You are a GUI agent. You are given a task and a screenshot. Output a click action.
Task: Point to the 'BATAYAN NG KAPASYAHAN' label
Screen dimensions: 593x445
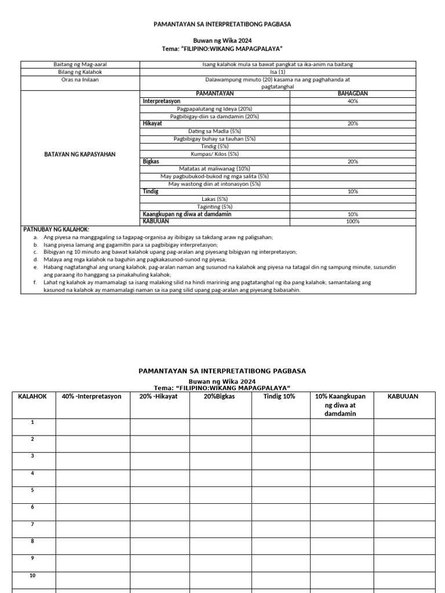click(81, 154)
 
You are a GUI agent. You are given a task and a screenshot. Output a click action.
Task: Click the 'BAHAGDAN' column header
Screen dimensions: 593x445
click(352, 93)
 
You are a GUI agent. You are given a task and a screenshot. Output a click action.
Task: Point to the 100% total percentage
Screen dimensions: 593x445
click(352, 221)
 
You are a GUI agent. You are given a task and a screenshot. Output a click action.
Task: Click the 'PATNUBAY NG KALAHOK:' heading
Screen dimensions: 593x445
click(56, 229)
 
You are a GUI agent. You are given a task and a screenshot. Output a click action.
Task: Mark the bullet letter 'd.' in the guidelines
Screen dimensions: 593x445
click(36, 259)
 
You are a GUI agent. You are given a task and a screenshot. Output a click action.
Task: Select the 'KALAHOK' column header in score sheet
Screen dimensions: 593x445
click(33, 397)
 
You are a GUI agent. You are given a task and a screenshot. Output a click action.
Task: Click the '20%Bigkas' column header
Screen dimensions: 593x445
click(221, 397)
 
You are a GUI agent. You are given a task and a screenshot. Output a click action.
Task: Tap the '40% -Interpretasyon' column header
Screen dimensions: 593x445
click(93, 397)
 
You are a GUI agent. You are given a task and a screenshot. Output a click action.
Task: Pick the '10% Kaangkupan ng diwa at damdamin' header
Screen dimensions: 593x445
click(341, 405)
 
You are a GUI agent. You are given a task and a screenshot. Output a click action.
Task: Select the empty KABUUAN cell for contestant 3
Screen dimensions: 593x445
click(404, 461)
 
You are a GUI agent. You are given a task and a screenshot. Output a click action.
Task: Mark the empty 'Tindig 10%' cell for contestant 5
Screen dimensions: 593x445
click(280, 495)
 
